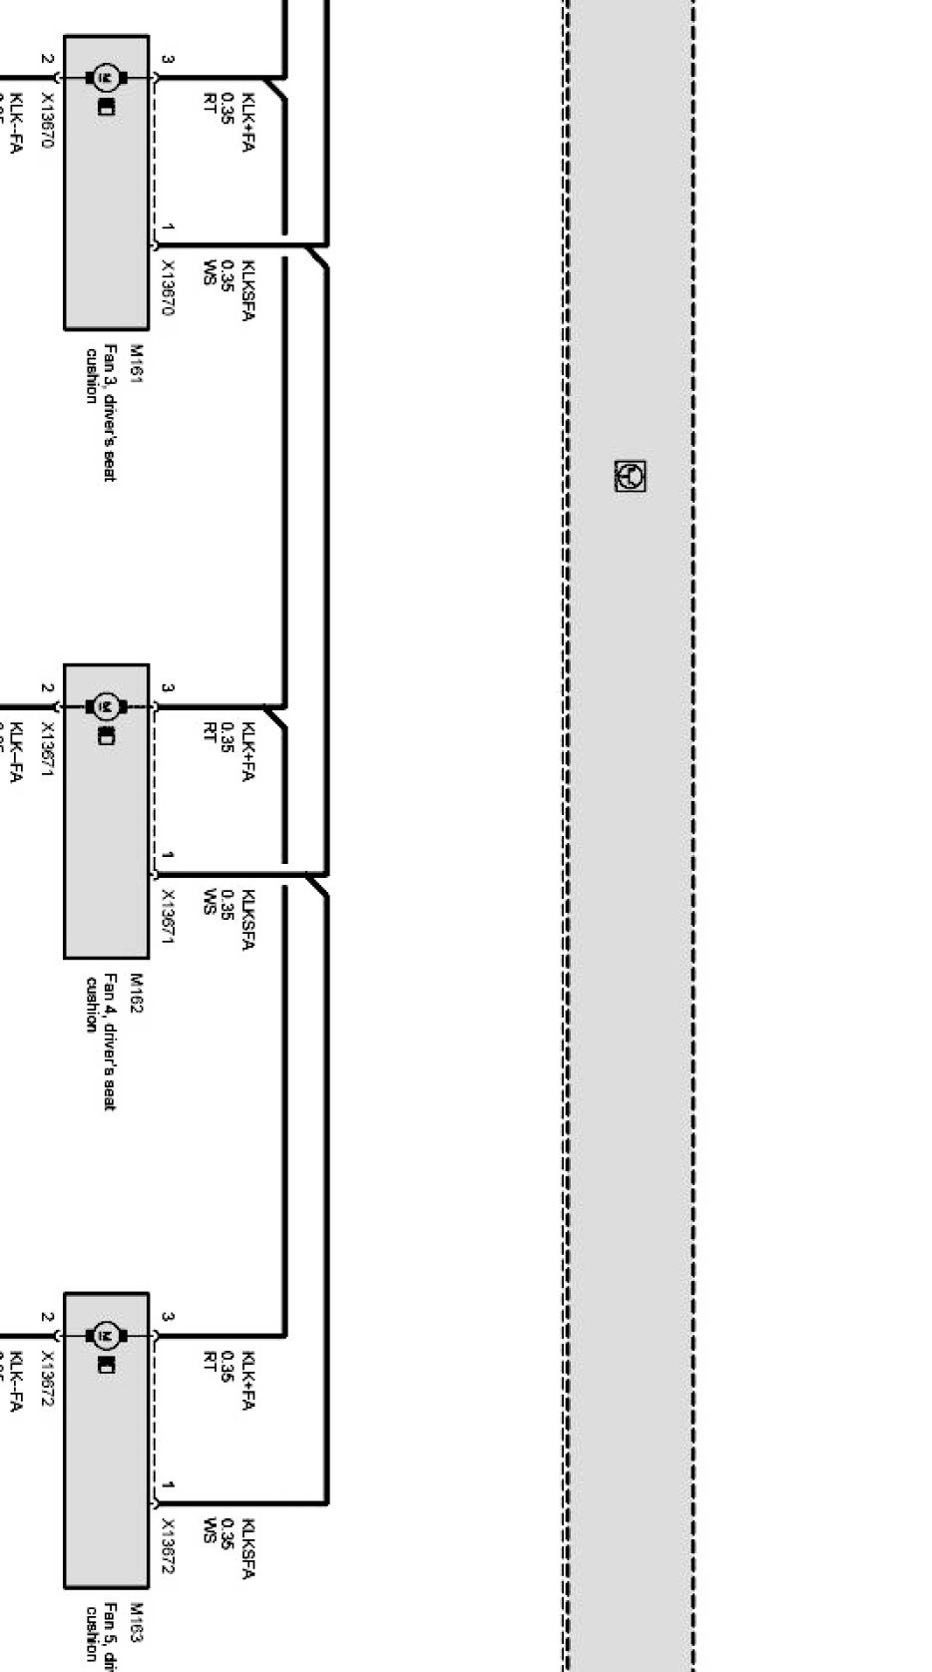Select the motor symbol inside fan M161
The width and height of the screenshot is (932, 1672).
click(105, 77)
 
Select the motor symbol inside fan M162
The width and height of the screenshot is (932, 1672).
click(105, 706)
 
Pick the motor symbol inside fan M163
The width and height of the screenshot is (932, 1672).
click(105, 1335)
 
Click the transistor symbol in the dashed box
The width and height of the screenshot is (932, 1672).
click(630, 476)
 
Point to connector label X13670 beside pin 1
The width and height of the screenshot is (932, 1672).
click(168, 288)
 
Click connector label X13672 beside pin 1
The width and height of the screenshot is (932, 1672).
click(168, 1546)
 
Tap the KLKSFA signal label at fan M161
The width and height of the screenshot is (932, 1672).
click(247, 290)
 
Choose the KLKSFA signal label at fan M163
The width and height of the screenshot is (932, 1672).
click(247, 1548)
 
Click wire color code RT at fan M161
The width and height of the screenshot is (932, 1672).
click(210, 104)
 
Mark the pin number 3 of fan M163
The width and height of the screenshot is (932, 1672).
click(168, 1317)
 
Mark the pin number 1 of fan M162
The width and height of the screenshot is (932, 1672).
click(168, 856)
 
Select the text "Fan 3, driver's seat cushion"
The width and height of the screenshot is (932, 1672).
click(101, 411)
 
